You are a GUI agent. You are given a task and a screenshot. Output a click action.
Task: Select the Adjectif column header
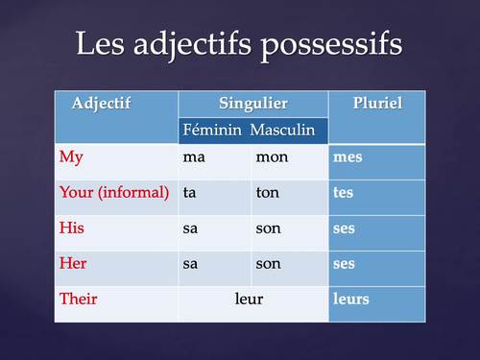101,103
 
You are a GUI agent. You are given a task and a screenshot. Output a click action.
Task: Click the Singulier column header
252,103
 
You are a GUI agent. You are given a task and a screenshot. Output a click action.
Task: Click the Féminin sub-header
211,130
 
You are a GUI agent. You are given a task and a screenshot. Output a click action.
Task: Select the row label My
71,156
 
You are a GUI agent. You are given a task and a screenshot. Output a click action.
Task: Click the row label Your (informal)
114,192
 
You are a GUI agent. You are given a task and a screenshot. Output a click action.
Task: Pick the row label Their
78,299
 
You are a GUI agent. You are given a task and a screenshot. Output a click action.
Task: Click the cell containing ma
194,156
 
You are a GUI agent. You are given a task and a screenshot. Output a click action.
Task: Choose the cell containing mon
271,156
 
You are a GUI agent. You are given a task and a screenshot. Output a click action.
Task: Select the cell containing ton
267,192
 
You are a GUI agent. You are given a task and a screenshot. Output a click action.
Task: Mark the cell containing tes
343,192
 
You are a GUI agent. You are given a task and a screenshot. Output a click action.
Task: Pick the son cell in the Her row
268,263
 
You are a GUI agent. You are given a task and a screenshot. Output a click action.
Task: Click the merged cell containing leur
249,299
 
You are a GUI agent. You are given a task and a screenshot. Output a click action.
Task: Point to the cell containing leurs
350,299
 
